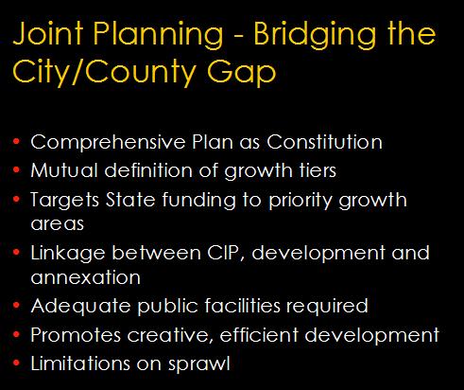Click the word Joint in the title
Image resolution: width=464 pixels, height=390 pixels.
(x=48, y=34)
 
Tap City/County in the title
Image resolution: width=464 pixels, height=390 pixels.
(x=105, y=72)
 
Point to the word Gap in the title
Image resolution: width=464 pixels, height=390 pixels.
(x=242, y=73)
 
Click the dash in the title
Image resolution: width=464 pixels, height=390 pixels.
(x=238, y=36)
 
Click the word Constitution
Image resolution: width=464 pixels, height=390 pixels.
(x=324, y=142)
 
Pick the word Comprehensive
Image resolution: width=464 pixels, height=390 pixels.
(x=108, y=143)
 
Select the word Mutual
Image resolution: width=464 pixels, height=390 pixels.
(x=64, y=170)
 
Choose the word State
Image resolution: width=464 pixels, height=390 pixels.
(x=130, y=200)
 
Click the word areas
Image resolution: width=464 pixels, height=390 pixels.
(x=58, y=224)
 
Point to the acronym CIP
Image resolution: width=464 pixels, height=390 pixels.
(x=226, y=253)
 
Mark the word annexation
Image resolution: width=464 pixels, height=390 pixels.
(x=85, y=277)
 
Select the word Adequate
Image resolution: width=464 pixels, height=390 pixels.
(x=80, y=307)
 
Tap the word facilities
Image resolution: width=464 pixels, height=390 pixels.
(x=242, y=306)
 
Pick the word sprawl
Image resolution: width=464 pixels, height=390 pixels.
(x=199, y=364)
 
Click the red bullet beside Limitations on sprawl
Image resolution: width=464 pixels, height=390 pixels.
(x=17, y=363)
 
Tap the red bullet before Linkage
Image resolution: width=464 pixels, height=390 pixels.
(x=17, y=252)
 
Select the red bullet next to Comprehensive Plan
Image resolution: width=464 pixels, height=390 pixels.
(x=17, y=141)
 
